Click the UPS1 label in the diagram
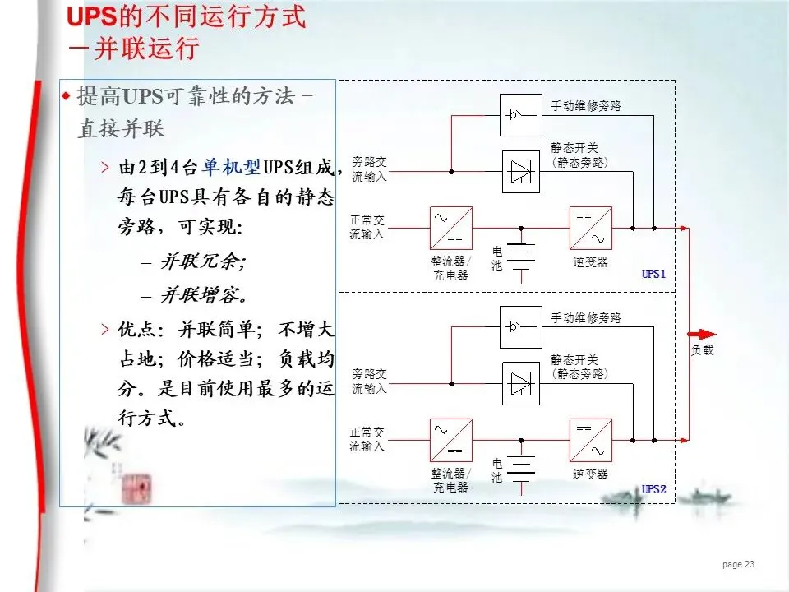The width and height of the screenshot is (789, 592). point(653,275)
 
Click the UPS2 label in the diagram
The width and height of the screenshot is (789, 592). point(653,489)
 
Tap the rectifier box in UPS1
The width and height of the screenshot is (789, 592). point(451,228)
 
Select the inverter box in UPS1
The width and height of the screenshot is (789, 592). point(591,228)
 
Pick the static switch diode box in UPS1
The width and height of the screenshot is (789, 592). point(521,171)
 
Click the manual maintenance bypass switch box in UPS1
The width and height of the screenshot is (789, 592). point(521,114)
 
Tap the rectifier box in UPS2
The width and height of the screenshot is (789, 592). point(451,440)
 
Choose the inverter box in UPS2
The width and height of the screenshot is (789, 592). point(591,440)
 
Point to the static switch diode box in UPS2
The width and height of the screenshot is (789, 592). point(521,383)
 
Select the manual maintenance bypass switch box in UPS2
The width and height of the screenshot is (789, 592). point(521,326)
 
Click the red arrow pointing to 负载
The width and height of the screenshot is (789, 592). point(702,334)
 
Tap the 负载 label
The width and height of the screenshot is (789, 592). point(702,350)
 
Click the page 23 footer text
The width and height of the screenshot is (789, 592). point(738,565)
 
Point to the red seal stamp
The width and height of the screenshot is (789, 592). point(136,490)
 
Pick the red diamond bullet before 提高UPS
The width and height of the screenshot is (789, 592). point(67,97)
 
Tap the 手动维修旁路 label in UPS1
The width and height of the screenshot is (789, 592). point(585,106)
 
